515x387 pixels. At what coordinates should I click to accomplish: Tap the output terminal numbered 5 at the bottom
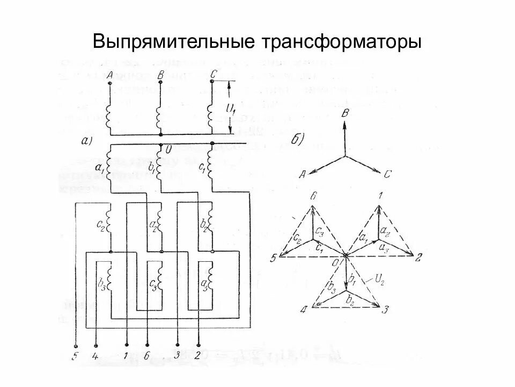tap(75, 355)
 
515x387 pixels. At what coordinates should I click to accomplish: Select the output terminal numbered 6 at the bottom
tap(146, 355)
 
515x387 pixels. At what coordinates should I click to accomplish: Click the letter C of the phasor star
tap(388, 173)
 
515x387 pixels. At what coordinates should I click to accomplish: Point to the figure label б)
tap(298, 140)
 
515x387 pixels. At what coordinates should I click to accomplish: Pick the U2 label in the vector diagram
tap(379, 279)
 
